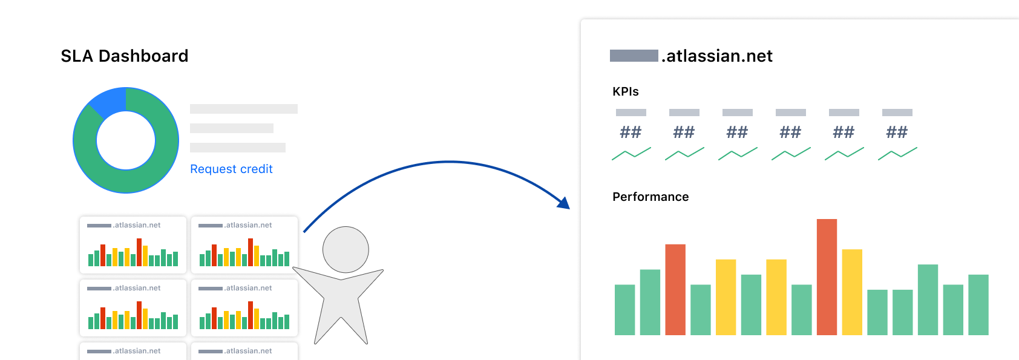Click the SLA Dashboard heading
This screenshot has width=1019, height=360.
point(124,56)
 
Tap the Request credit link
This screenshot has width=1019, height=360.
point(231,169)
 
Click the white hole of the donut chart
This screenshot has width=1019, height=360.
point(126,140)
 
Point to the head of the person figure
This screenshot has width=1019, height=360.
point(346,250)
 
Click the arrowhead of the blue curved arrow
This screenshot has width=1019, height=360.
point(564,203)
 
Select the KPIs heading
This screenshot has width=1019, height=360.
point(626,91)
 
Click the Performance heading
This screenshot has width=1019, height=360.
point(650,197)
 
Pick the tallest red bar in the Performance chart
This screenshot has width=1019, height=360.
point(827,277)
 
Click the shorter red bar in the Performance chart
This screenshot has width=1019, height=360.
point(675,290)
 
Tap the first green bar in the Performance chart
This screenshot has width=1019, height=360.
point(624,310)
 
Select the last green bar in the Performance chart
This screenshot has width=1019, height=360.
point(978,305)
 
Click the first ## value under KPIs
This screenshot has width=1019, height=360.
point(631,133)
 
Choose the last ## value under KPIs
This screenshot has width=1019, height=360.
point(897,133)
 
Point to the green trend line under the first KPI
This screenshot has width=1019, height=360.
point(631,154)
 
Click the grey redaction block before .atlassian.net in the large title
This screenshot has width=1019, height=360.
point(634,56)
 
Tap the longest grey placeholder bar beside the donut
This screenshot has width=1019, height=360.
point(244,109)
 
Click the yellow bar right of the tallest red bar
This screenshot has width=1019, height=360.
point(852,292)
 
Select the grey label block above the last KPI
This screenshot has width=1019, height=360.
point(897,113)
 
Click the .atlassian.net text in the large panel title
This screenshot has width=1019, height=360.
point(718,56)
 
